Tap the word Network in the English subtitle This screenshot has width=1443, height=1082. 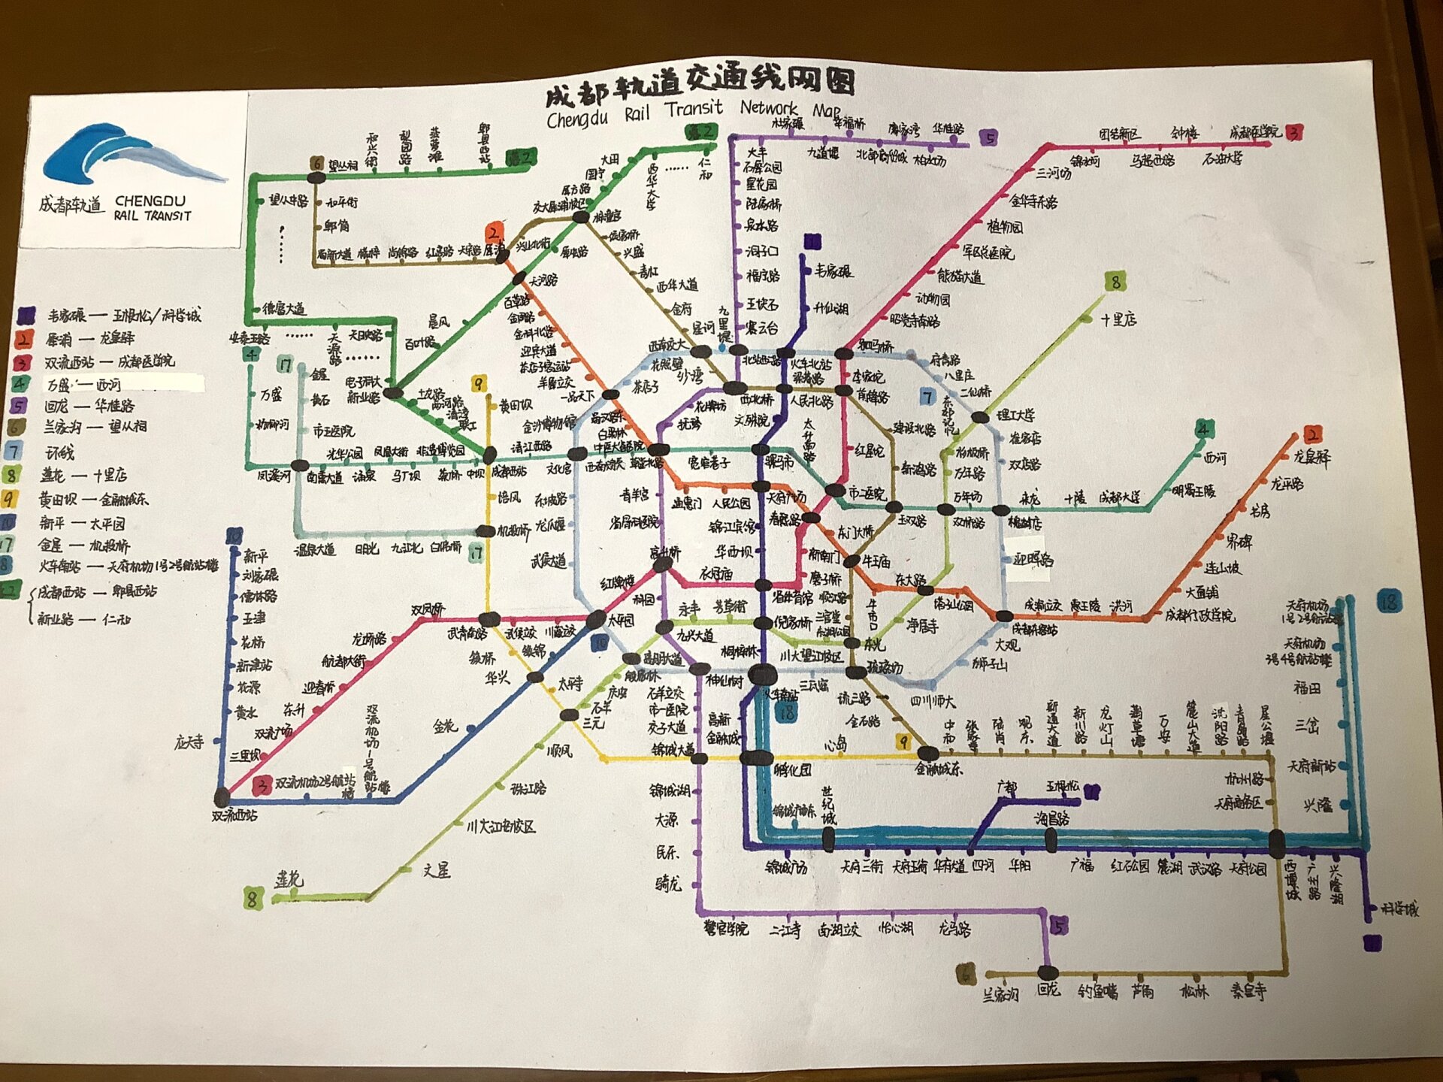pos(769,108)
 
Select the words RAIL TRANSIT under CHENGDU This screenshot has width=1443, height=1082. pos(153,216)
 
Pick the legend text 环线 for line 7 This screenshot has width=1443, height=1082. pos(60,452)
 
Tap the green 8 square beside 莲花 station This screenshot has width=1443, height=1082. pos(253,898)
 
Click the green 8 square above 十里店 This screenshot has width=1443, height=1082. pos(1115,282)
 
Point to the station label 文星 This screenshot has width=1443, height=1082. pos(437,870)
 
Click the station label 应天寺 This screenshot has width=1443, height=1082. pos(189,742)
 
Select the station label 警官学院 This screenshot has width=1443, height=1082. pos(726,929)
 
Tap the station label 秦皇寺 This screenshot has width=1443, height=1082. pos(1248,992)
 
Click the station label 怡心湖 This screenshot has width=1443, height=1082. pos(896,929)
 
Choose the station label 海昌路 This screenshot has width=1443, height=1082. pos(1052,819)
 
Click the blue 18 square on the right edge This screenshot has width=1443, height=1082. pos(1389,601)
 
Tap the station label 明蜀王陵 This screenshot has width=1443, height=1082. pos(1193,491)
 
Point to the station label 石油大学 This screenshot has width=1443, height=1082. pos(1222,159)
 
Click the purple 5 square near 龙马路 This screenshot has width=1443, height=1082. pos(1058,926)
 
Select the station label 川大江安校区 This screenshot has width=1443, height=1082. pos(501,827)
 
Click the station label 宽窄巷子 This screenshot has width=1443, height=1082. pos(709,463)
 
